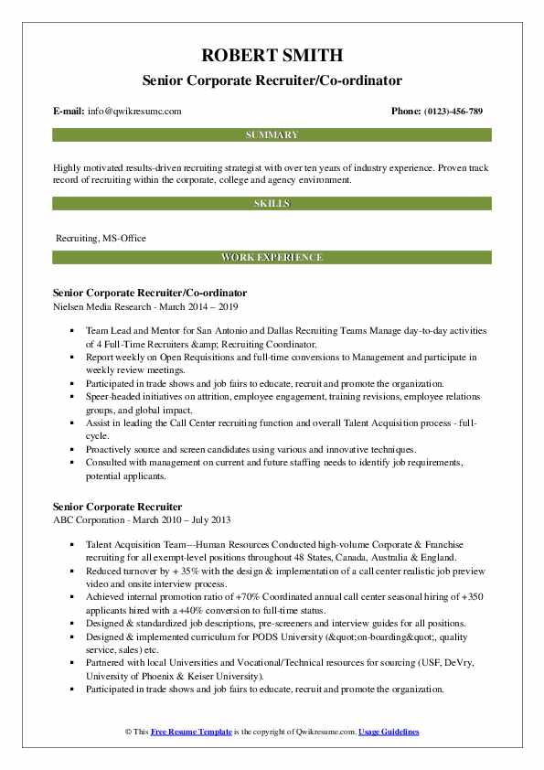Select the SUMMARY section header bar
pos(272,135)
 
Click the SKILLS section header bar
pos(272,203)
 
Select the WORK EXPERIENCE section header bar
pos(272,258)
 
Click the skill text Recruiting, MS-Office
pos(101,238)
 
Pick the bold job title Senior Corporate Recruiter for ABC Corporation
pos(117,507)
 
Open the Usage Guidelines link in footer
pos(389,733)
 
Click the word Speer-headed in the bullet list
pos(111,399)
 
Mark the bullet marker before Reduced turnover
pos(72,568)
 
